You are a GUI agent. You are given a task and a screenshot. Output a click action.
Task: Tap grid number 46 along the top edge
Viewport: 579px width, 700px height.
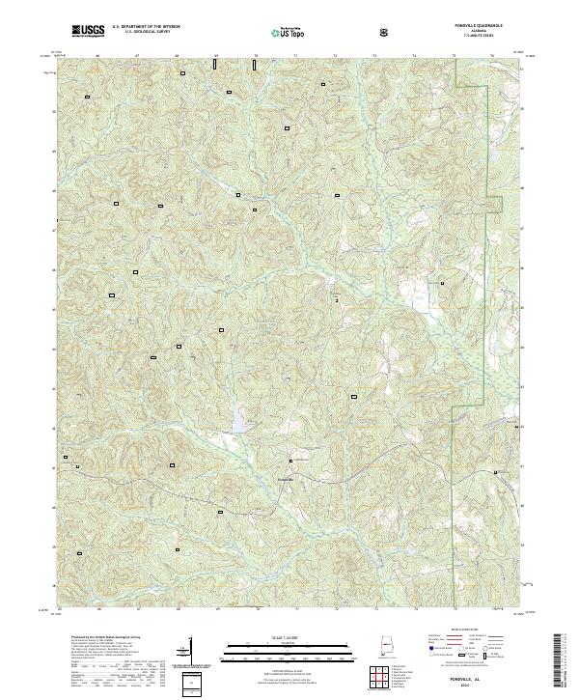pyautogui.click(x=98, y=57)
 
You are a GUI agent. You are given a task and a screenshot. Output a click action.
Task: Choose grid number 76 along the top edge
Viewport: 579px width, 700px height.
pyautogui.click(x=492, y=57)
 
